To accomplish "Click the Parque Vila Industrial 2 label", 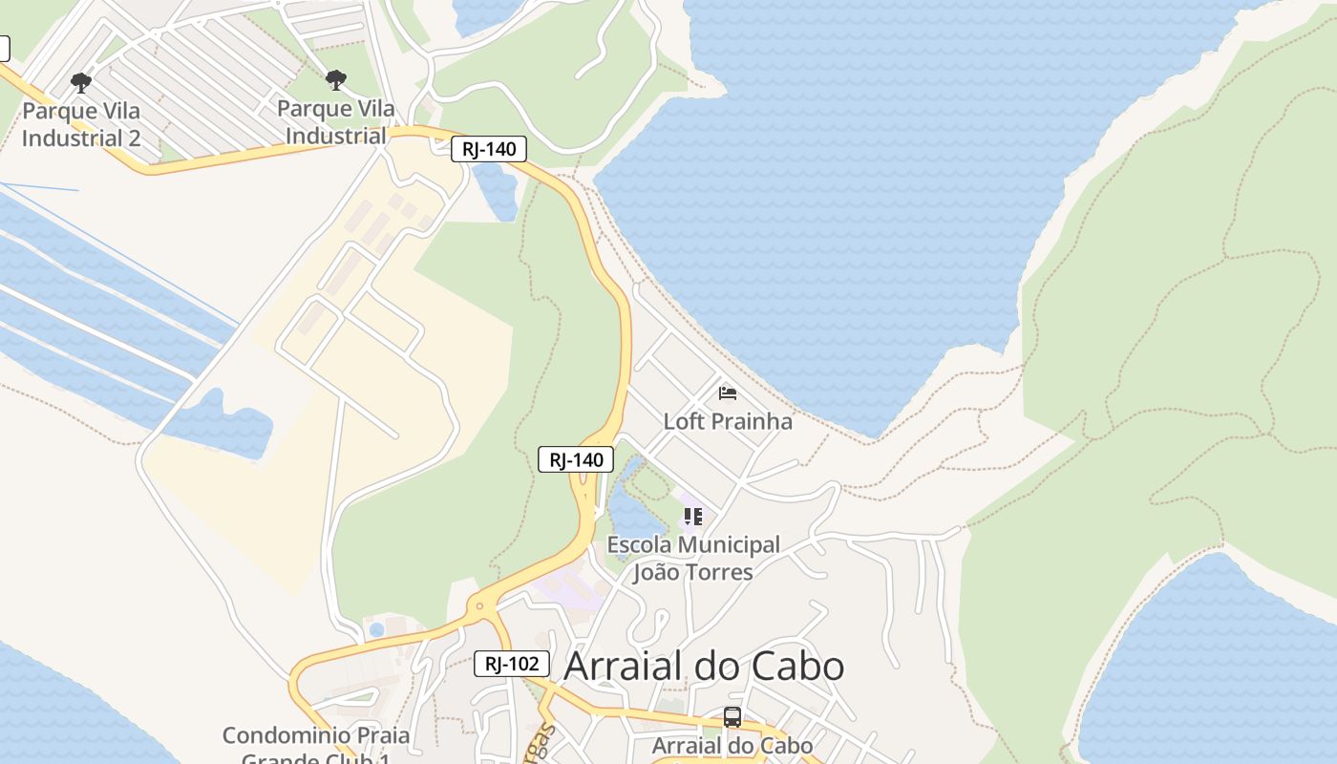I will coord(81,124).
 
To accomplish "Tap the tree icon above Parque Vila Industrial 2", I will coord(81,83).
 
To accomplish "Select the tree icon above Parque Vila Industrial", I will coord(335,80).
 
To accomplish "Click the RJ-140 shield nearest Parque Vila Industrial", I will coord(489,149).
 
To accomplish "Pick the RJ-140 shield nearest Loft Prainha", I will coord(576,459).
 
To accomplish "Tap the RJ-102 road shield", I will coord(512,664).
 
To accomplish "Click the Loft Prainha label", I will coord(728,421).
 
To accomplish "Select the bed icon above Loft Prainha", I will coord(728,393).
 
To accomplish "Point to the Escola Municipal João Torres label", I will coord(693,559).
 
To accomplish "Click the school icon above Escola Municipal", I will coord(693,517).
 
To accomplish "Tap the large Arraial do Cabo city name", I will coord(704,667).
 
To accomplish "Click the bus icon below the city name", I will coord(732,716).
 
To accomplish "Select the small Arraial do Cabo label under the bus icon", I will coord(732,746).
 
